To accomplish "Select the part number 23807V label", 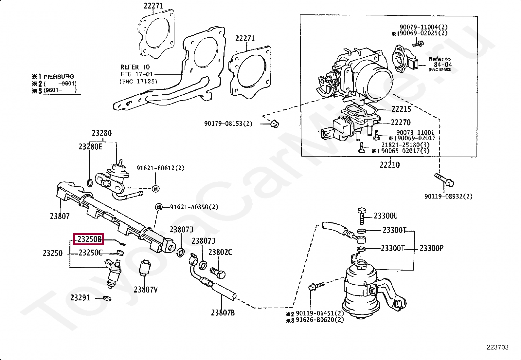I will pyautogui.click(x=145, y=290).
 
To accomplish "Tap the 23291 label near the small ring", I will pyautogui.click(x=80, y=298).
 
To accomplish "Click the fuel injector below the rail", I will pyautogui.click(x=112, y=272).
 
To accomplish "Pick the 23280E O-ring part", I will pyautogui.click(x=89, y=182).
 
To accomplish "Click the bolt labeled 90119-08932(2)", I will pyautogui.click(x=444, y=180).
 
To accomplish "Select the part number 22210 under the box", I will pyautogui.click(x=389, y=164).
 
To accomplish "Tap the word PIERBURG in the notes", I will pyautogui.click(x=59, y=77).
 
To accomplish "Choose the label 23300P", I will pyautogui.click(x=431, y=248).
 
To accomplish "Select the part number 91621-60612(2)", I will pyautogui.click(x=160, y=168).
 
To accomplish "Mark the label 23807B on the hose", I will pyautogui.click(x=223, y=313).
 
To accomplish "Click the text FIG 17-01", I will pyautogui.click(x=137, y=74).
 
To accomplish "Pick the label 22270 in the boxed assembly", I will pyautogui.click(x=401, y=122).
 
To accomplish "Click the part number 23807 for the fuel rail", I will pyautogui.click(x=60, y=216).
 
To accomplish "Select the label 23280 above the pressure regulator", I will pyautogui.click(x=101, y=133).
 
